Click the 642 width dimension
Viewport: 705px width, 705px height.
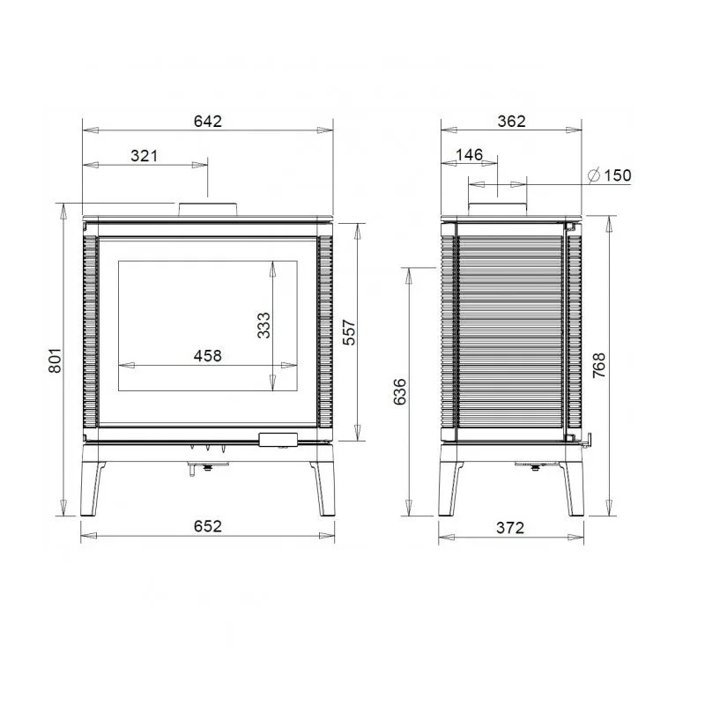(x=208, y=122)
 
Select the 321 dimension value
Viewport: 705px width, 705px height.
(x=145, y=156)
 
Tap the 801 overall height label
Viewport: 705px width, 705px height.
(x=55, y=360)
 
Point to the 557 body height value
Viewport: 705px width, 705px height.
(x=349, y=332)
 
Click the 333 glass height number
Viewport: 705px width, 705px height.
(x=263, y=325)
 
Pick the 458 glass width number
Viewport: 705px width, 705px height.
(x=208, y=356)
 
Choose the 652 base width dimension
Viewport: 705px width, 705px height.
(x=208, y=526)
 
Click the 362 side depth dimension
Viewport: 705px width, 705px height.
(x=512, y=122)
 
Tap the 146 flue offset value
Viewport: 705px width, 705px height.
(x=470, y=155)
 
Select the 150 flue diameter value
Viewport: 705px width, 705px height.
(x=618, y=175)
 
